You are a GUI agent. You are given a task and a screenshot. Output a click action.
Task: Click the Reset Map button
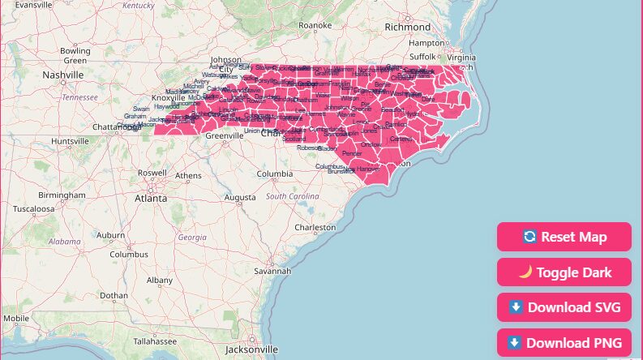pos(564,237)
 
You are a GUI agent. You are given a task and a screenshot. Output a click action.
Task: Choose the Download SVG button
pos(564,307)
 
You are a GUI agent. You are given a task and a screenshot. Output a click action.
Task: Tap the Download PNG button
pos(564,343)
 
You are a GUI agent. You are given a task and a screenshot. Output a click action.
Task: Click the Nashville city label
pos(63,75)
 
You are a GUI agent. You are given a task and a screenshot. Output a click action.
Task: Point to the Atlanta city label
pos(151,198)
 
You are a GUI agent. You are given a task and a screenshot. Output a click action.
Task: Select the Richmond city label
pos(408,27)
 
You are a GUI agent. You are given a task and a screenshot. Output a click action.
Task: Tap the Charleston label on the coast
pos(315,228)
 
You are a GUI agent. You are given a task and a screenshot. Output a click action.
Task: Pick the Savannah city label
pos(272,271)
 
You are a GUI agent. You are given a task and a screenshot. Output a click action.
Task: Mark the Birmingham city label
pos(61,195)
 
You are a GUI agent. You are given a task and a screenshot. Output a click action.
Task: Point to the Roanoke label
pos(315,25)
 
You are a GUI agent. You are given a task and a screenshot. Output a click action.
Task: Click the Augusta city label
pos(239,197)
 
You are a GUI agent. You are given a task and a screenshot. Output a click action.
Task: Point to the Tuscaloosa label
pos(32,208)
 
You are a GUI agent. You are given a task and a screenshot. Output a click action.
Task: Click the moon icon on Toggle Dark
pos(525,272)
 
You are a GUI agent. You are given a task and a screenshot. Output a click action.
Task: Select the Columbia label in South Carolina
pos(274,174)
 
